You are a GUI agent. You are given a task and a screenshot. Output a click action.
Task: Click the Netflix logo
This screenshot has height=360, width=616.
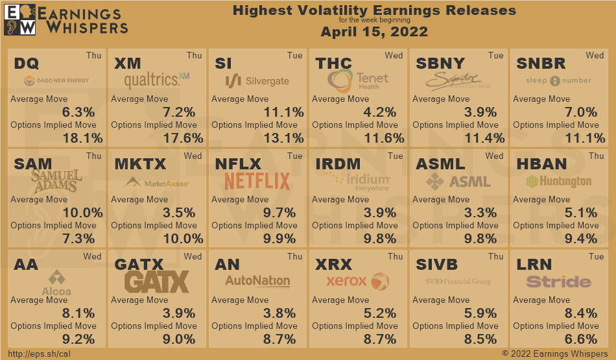(x=257, y=180)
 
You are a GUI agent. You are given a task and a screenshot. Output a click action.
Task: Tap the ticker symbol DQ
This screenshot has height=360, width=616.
(x=27, y=64)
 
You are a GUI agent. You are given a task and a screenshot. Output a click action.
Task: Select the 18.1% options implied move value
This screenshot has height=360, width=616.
(x=83, y=138)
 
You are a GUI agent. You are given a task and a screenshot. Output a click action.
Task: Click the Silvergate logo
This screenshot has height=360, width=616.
(x=257, y=81)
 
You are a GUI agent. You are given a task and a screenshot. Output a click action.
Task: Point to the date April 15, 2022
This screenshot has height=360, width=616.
(x=374, y=32)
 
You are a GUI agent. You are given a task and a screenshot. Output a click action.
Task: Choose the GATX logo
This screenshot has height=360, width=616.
(x=157, y=282)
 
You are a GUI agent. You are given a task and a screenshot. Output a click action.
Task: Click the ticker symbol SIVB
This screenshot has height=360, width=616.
(x=436, y=265)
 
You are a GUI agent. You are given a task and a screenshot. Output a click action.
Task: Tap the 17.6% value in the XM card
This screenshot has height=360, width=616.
(x=184, y=138)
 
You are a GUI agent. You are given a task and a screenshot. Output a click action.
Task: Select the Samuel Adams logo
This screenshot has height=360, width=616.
(x=57, y=181)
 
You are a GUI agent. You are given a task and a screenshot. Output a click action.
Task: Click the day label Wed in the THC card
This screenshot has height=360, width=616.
(x=394, y=56)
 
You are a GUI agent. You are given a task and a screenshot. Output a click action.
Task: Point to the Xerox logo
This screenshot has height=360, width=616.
(x=357, y=282)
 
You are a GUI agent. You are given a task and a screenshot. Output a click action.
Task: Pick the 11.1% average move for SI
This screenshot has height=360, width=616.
(x=284, y=112)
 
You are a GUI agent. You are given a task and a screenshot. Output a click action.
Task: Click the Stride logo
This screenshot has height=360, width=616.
(x=558, y=282)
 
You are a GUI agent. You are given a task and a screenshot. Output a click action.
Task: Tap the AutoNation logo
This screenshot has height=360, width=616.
(x=257, y=281)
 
